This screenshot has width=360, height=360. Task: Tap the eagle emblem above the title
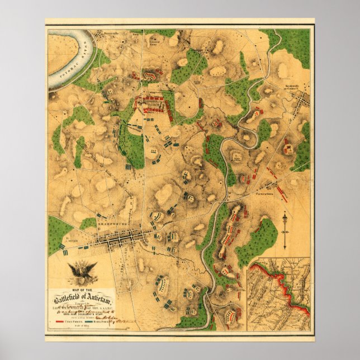point(82,272)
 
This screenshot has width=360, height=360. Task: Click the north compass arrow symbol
point(286,229)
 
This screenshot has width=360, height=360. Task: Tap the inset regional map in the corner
point(279,294)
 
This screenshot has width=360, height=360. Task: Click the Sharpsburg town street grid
point(120,240)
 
